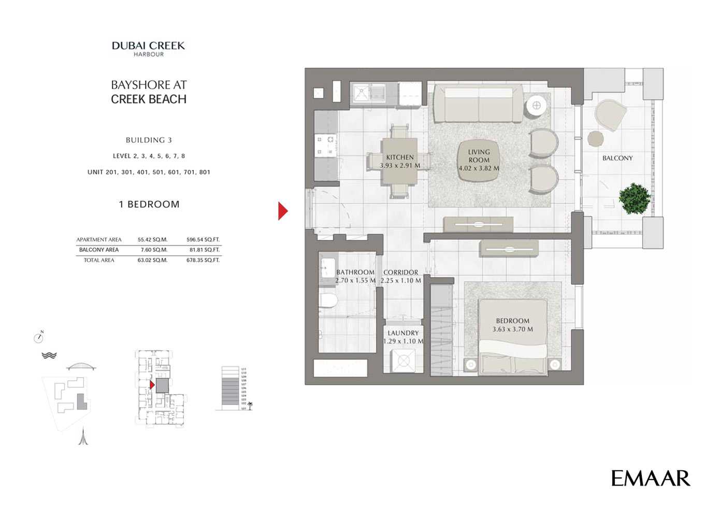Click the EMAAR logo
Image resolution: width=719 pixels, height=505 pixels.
650,478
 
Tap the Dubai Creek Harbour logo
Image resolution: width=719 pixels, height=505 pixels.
148,49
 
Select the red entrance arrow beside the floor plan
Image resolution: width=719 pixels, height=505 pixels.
282,211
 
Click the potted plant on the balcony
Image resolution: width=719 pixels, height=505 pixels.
634,198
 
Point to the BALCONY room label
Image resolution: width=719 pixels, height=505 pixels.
617,158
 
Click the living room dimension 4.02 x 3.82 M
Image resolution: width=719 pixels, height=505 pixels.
479,168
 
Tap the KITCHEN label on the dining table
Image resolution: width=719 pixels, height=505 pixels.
400,157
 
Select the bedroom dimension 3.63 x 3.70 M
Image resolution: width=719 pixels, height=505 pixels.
512,329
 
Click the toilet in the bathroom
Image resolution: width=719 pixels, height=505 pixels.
328,301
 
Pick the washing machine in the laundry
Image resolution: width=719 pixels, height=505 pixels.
402,360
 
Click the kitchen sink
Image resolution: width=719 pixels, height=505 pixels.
362,94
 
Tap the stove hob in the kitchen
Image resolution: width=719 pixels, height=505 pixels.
325,146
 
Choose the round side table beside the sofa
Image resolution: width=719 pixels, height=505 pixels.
536,106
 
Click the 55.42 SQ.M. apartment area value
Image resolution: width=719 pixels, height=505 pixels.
152,240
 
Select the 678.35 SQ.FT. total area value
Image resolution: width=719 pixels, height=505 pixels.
203,260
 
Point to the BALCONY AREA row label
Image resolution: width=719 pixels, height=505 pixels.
98,250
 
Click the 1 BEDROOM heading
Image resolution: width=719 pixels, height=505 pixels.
149,204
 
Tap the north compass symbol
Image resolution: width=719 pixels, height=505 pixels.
38,338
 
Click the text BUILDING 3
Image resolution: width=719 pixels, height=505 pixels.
149,140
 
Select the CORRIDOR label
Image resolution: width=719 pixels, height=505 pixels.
400,272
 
